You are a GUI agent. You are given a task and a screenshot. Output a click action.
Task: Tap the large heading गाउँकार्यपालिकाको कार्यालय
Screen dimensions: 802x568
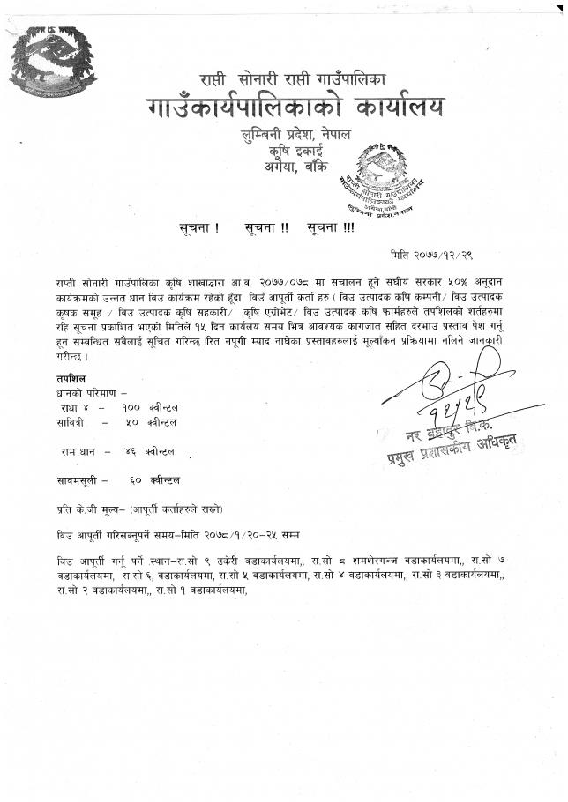(x=296, y=108)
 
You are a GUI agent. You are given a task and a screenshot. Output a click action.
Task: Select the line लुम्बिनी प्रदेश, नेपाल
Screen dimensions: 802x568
(x=296, y=135)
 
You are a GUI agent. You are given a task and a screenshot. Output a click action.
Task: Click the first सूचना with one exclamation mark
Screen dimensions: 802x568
(x=199, y=227)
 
